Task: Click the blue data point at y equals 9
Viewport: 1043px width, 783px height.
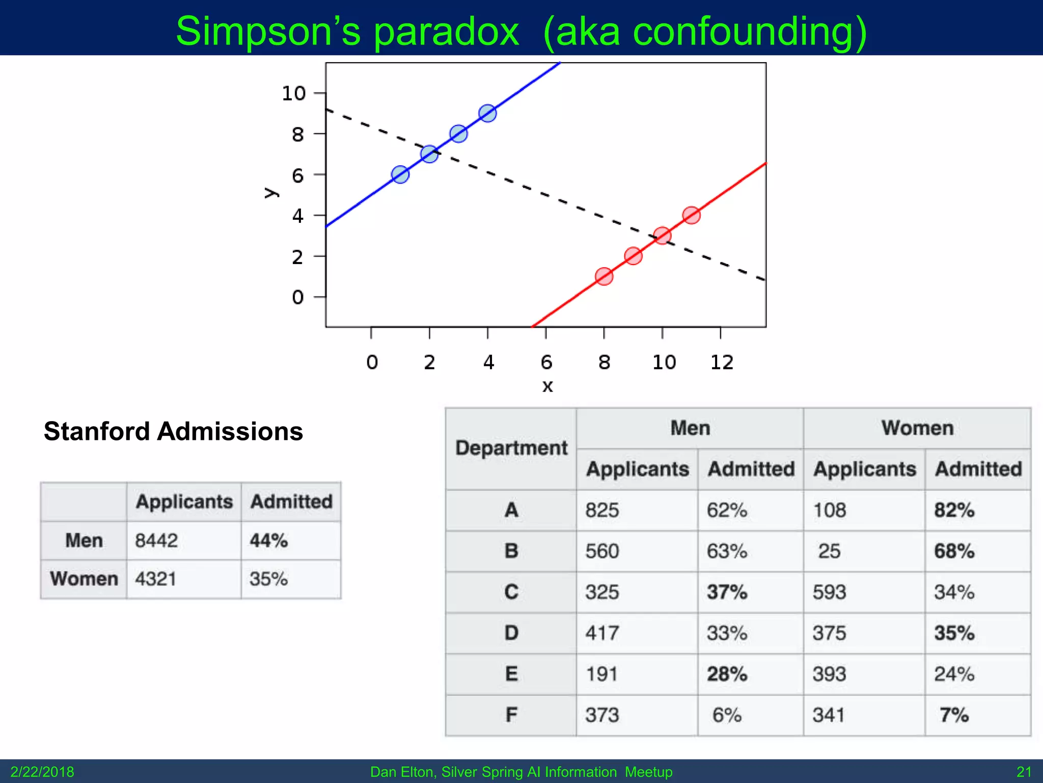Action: pos(487,113)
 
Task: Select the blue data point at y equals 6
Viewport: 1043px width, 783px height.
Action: pos(400,174)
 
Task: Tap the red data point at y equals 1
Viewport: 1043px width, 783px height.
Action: pos(604,276)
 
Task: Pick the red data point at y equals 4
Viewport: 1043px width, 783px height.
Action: pos(691,215)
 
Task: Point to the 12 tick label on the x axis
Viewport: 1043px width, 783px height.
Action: pos(722,362)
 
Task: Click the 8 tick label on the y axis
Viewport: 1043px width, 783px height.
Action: pos(297,135)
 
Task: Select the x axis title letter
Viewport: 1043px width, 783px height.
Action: pos(547,386)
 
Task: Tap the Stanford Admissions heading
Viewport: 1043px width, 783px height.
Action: pos(173,431)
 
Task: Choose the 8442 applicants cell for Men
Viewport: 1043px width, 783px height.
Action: pos(156,540)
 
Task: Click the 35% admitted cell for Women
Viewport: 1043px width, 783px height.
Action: pos(268,579)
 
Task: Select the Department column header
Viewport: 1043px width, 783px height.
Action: pos(511,448)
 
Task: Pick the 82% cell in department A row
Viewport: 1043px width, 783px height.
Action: pos(954,510)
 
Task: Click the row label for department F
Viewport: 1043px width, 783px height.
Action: pos(511,715)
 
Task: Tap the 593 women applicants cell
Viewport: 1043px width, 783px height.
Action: pos(829,592)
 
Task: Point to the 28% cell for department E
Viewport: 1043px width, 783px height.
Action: pos(727,674)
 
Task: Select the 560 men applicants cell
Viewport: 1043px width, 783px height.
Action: pos(602,551)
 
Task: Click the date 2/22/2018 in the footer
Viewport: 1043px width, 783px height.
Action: pos(42,772)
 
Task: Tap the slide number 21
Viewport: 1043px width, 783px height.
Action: pos(1024,772)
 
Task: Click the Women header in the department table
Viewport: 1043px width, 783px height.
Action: pos(917,428)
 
